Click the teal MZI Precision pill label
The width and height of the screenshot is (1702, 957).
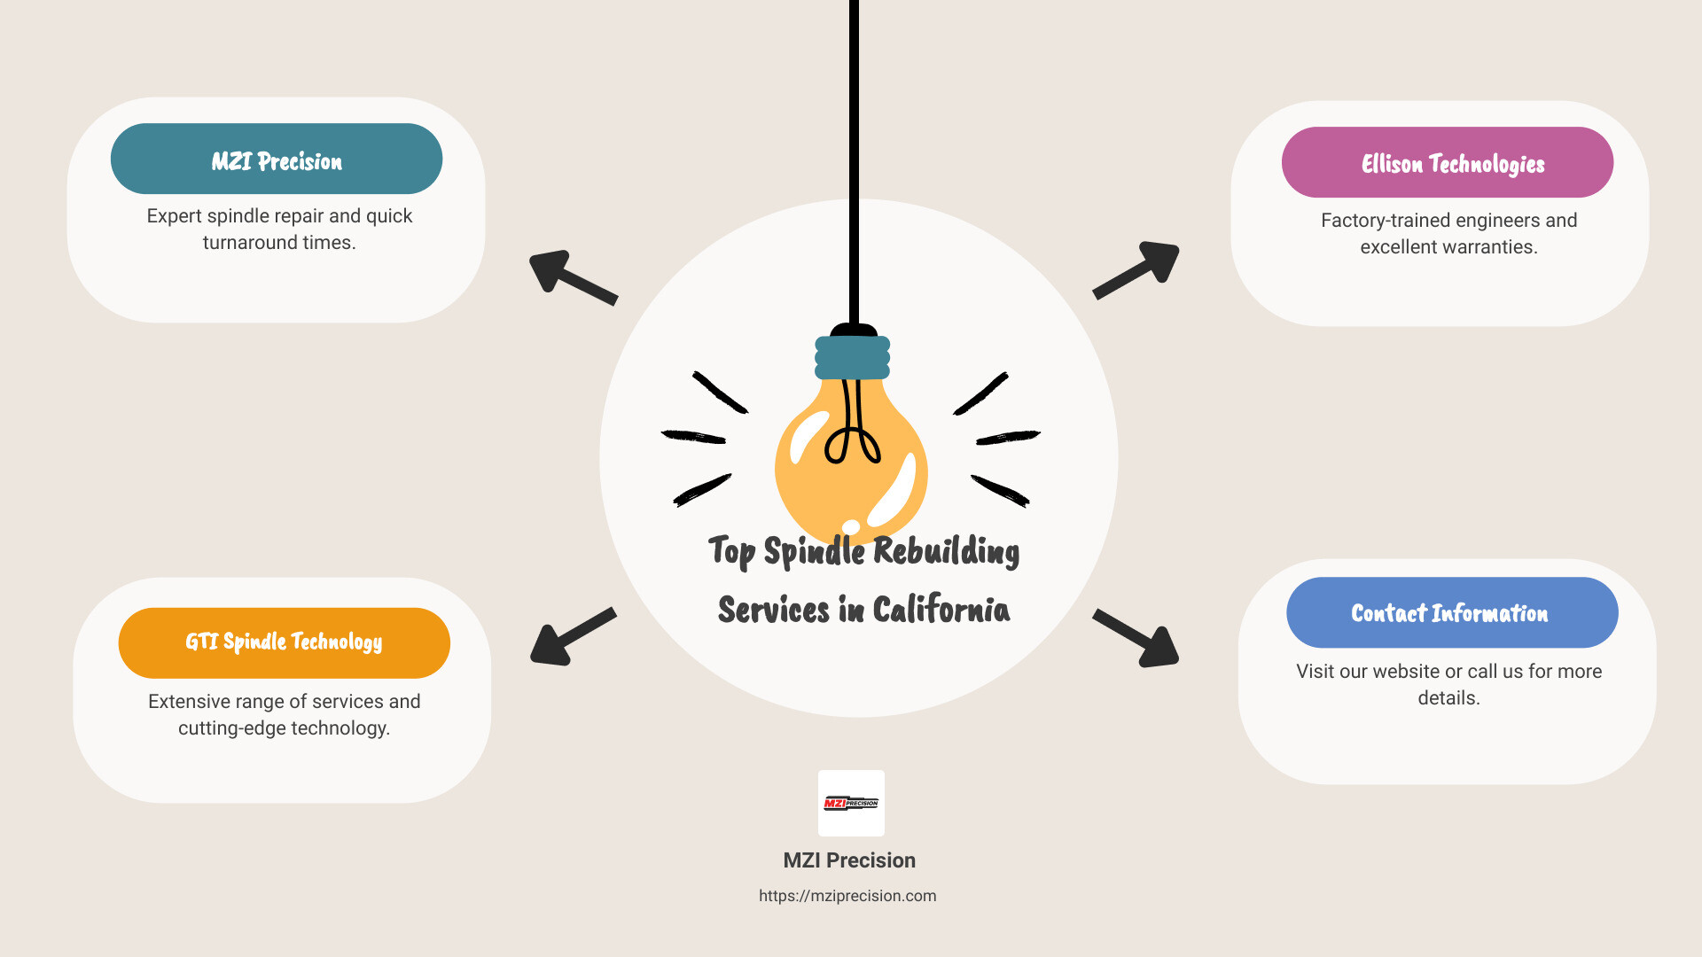[x=277, y=159]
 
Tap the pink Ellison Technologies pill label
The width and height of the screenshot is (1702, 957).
[x=1448, y=163]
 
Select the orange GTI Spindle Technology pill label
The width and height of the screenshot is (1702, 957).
[x=284, y=642]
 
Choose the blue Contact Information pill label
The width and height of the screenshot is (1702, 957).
[x=1451, y=613]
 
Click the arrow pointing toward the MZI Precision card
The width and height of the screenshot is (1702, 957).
[x=571, y=276]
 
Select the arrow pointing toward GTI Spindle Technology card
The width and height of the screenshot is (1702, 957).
[x=571, y=638]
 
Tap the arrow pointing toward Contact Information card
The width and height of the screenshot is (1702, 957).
[x=1138, y=639]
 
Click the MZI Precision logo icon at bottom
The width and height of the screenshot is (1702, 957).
[x=851, y=803]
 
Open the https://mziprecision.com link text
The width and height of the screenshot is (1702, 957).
[x=847, y=896]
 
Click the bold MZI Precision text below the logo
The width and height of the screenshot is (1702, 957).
[x=849, y=860]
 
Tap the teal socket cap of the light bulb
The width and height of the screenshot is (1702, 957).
[x=852, y=358]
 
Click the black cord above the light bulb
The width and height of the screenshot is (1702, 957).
[x=854, y=159]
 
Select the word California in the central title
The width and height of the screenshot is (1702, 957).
[x=941, y=610]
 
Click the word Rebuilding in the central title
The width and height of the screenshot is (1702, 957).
[x=946, y=551]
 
